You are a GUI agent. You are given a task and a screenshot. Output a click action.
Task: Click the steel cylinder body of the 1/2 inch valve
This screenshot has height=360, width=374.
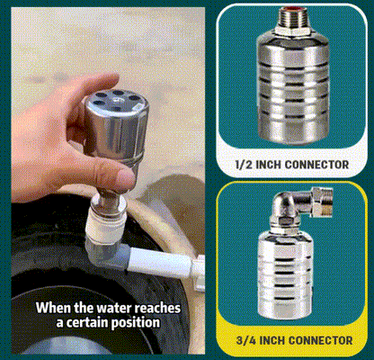(x=295, y=90)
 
